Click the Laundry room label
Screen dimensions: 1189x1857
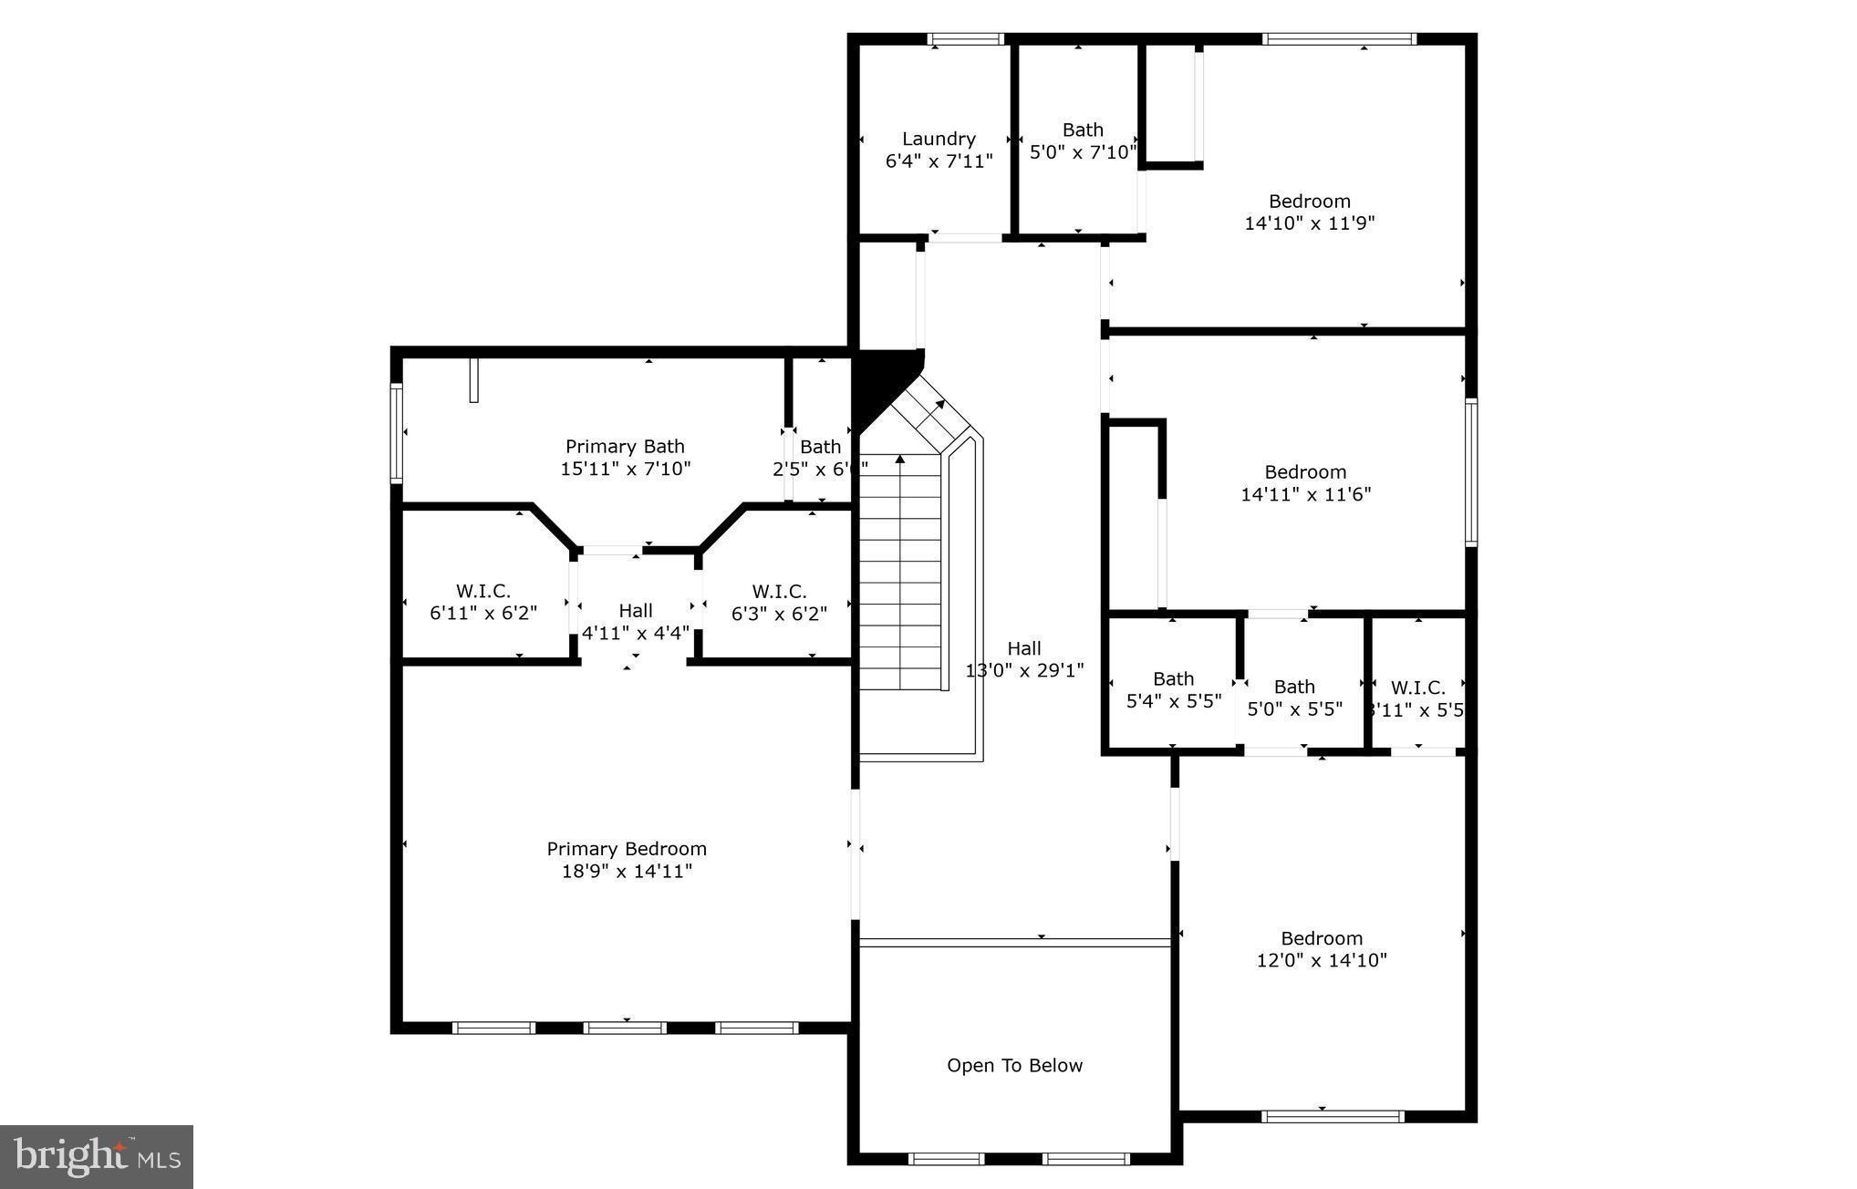click(x=939, y=139)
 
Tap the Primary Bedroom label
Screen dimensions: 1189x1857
click(x=627, y=849)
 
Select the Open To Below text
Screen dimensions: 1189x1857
click(x=1014, y=1066)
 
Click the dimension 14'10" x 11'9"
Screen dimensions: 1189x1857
click(x=1309, y=223)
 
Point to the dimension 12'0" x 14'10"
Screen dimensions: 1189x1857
click(x=1322, y=960)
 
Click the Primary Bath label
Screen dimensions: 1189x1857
click(x=625, y=447)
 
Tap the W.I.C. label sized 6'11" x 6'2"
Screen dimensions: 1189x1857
click(x=482, y=591)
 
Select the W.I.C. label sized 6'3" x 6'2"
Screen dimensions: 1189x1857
click(x=779, y=591)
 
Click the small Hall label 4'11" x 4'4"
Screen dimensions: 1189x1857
click(x=636, y=611)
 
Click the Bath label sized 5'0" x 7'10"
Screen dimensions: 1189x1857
click(x=1083, y=130)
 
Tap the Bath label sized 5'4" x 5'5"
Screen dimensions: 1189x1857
click(x=1173, y=679)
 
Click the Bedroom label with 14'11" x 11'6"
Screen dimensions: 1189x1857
click(x=1305, y=472)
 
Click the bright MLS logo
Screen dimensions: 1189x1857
click(x=97, y=1157)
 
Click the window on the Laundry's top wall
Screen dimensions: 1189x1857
click(x=965, y=39)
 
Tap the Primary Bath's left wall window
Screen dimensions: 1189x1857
click(x=397, y=432)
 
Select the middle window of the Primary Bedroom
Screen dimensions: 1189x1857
click(x=625, y=1028)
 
